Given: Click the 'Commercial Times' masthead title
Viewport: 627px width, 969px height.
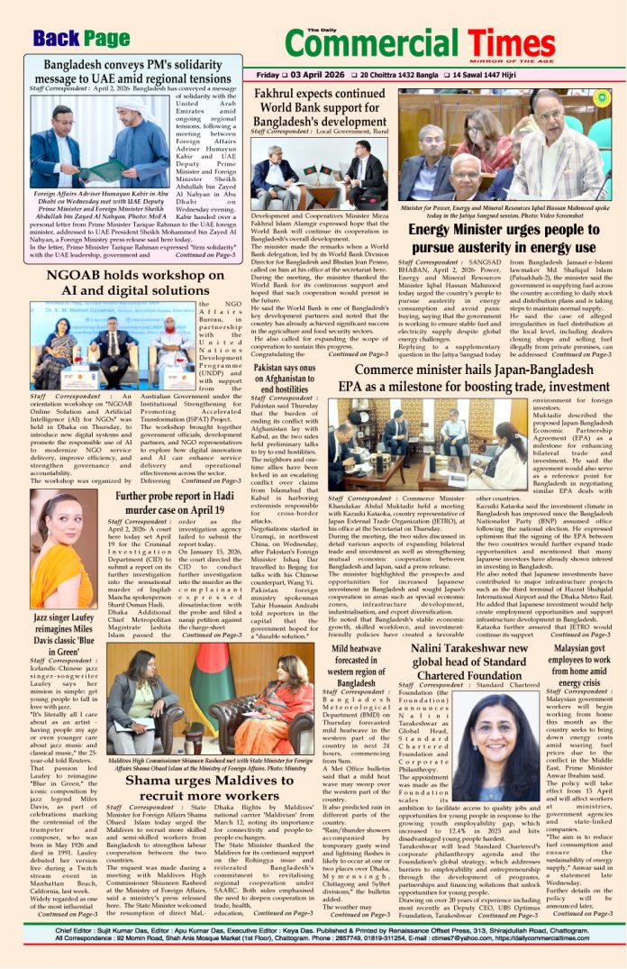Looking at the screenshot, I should coord(441,41).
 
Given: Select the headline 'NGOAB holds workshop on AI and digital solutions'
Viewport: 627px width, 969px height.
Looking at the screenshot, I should coord(129,281).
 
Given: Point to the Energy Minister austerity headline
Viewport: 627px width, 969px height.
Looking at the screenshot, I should coord(504,237).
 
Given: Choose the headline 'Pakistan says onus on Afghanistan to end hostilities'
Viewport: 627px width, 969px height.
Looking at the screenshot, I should coord(286,375).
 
